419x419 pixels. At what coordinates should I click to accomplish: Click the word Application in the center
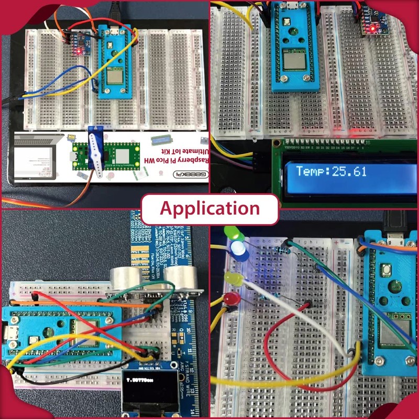pos(210,208)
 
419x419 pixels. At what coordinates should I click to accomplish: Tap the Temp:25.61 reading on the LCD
pos(331,171)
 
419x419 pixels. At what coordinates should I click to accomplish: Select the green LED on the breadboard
pos(229,232)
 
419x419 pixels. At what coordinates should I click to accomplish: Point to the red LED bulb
pos(230,300)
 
